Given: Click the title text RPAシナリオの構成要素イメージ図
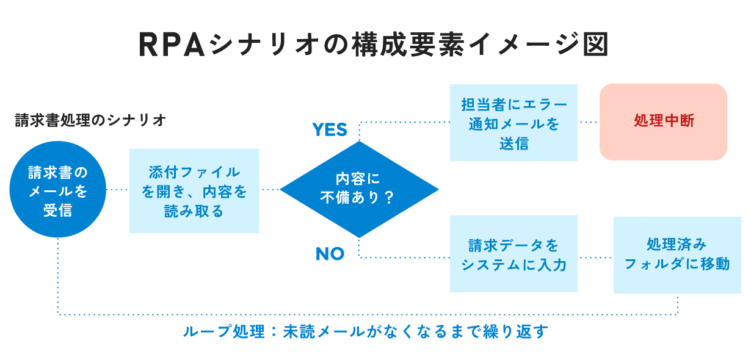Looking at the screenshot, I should coord(374,45).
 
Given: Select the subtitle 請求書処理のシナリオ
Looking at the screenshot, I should coord(91,120).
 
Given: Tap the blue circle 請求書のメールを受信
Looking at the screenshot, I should coord(58,190).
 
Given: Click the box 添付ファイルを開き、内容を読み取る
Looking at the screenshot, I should coord(194,191).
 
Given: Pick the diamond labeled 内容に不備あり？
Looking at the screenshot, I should coord(359,189).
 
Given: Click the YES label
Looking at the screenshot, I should coord(330,129).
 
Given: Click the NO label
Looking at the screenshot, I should coord(330,254).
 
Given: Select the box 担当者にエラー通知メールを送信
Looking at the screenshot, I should coord(513,123).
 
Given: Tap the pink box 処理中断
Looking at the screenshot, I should coord(664,121).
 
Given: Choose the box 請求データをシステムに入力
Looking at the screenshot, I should coord(513,254).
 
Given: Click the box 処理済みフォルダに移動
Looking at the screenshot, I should coord(677,254).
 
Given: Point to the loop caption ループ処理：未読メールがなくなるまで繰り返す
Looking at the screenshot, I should coord(365,331).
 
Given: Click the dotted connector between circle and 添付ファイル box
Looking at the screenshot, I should coord(118,190).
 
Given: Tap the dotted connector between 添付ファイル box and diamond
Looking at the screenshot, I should coord(269,190).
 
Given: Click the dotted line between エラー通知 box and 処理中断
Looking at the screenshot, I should coord(589,122).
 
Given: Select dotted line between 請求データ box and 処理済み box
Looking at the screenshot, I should coord(595,257).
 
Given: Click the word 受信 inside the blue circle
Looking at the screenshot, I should coord(58,211).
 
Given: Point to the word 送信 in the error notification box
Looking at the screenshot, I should coord(513,144).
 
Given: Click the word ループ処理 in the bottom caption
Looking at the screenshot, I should coord(223,331).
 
